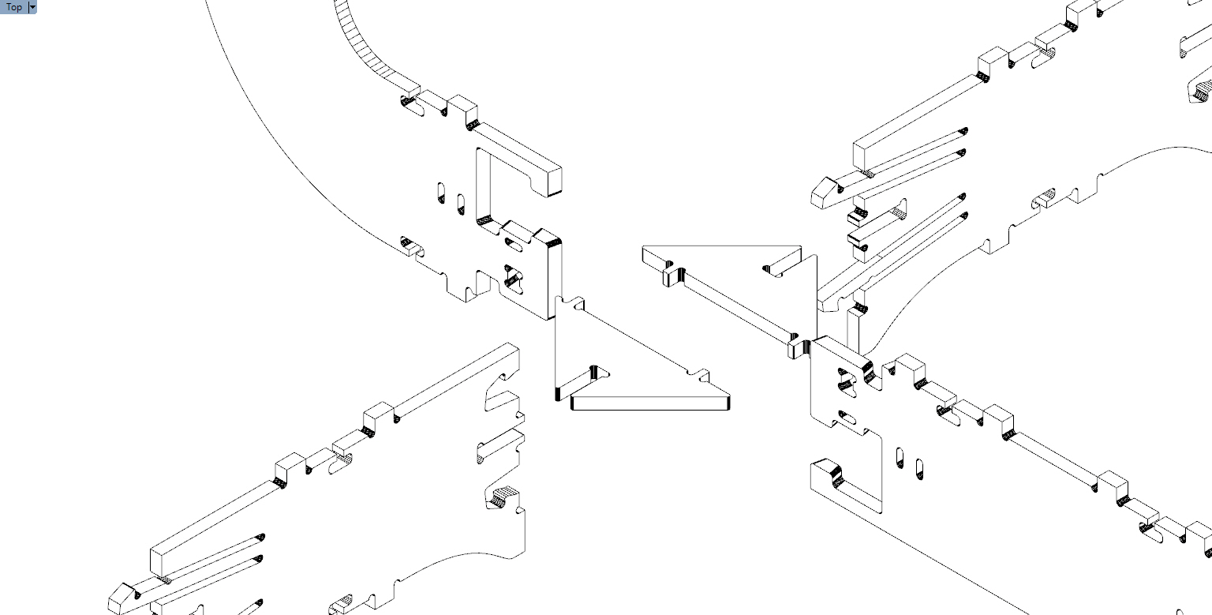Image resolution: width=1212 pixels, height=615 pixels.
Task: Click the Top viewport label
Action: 14,7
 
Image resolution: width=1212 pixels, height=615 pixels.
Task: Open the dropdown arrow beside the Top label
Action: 32,7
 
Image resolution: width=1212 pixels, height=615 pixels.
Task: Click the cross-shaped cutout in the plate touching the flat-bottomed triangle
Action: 511,276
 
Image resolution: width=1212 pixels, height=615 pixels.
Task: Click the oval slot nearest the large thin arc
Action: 441,193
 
